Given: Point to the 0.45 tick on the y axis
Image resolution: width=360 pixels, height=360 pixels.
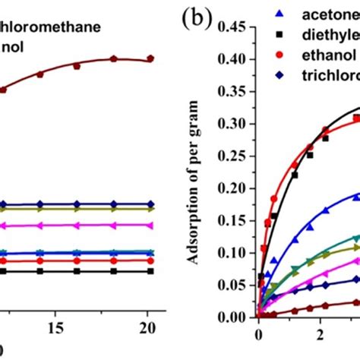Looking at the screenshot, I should click(x=236, y=28).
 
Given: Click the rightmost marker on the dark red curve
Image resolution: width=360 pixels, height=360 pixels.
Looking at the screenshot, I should click(x=150, y=58).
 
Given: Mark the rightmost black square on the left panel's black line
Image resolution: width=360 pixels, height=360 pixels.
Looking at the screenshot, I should click(x=150, y=270).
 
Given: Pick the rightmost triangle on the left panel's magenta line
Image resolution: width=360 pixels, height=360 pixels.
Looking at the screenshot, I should click(x=150, y=225).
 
